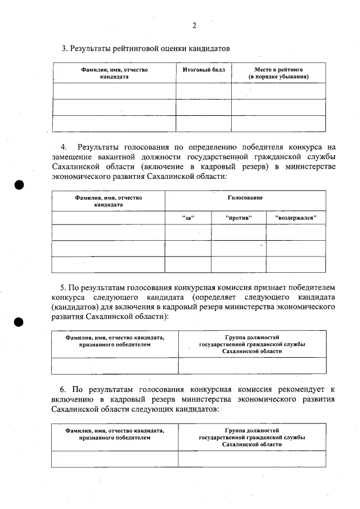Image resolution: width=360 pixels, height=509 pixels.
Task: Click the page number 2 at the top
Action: [194, 25]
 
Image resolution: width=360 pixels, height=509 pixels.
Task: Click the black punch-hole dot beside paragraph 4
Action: [19, 185]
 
